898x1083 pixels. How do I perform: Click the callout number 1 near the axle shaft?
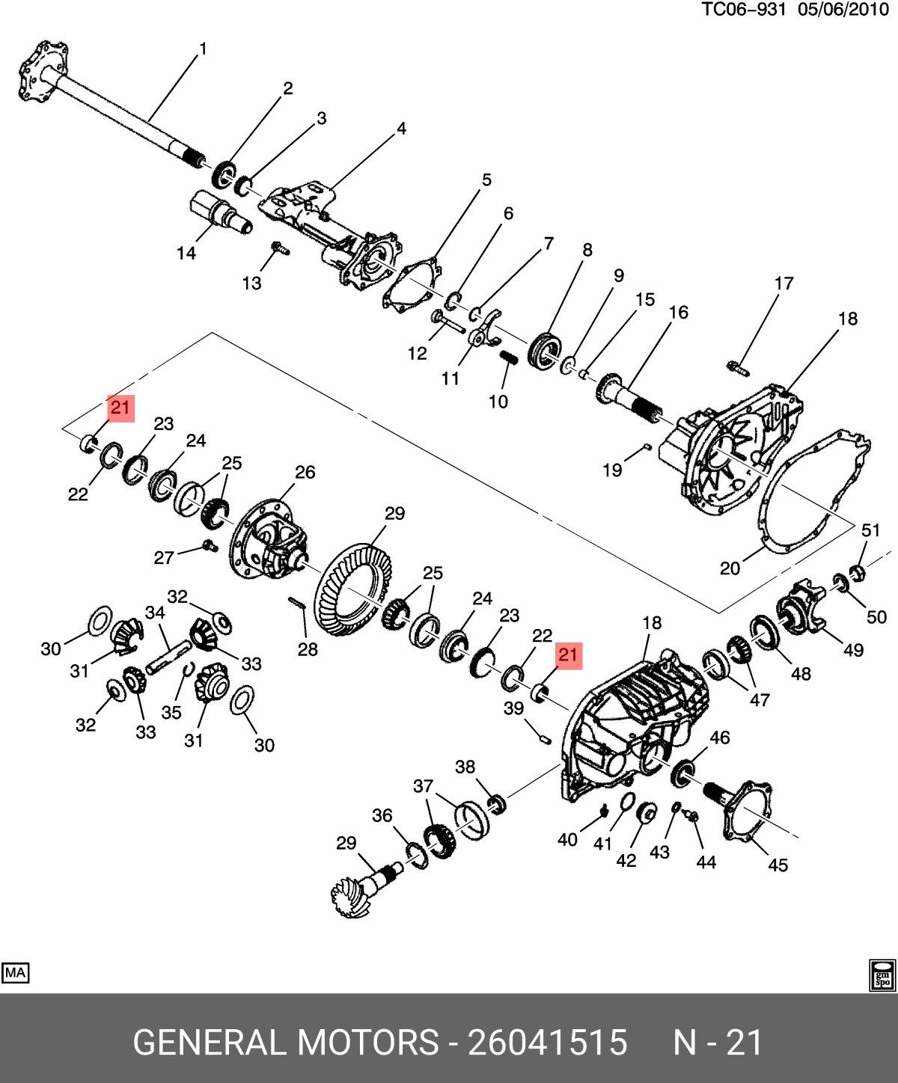[x=203, y=49]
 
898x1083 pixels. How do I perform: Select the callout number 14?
[x=186, y=253]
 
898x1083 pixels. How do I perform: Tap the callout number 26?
[x=305, y=472]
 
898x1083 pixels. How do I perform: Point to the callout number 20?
[x=730, y=568]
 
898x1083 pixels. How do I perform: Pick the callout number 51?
[x=871, y=530]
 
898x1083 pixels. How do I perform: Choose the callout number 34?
[x=155, y=613]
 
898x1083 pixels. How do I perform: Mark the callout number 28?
[x=308, y=649]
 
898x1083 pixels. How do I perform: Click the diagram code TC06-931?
[x=744, y=10]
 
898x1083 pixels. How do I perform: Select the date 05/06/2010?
[x=843, y=10]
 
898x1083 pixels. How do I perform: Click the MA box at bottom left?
[x=16, y=972]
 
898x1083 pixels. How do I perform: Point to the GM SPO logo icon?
[x=883, y=975]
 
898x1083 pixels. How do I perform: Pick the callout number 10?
[x=498, y=402]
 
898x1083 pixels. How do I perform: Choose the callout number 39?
[x=514, y=708]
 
